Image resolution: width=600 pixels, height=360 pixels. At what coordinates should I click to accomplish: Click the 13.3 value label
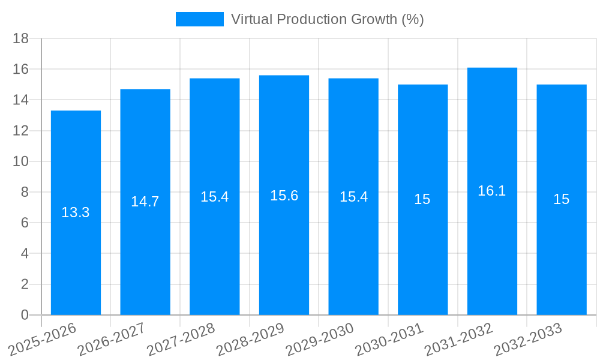tap(76, 212)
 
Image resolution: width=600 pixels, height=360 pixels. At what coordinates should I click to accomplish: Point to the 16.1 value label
tap(492, 191)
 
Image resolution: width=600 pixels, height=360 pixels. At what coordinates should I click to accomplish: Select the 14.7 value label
tap(145, 202)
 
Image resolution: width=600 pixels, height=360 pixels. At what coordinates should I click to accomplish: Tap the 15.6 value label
tap(284, 196)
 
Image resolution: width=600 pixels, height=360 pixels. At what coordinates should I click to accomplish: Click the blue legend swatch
tap(199, 19)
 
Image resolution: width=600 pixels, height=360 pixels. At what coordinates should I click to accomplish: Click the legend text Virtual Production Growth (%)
tap(327, 19)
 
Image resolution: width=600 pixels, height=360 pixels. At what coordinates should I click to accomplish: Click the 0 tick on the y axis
tap(25, 315)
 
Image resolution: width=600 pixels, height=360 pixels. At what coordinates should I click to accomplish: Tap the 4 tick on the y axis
tap(25, 254)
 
